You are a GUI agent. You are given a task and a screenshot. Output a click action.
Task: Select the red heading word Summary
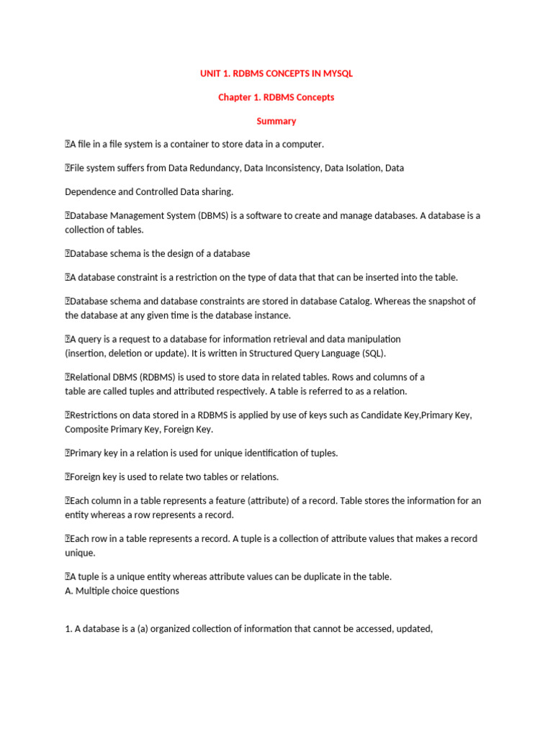pyautogui.click(x=276, y=121)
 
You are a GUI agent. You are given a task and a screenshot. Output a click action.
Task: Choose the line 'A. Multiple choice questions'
pyautogui.click(x=122, y=591)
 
